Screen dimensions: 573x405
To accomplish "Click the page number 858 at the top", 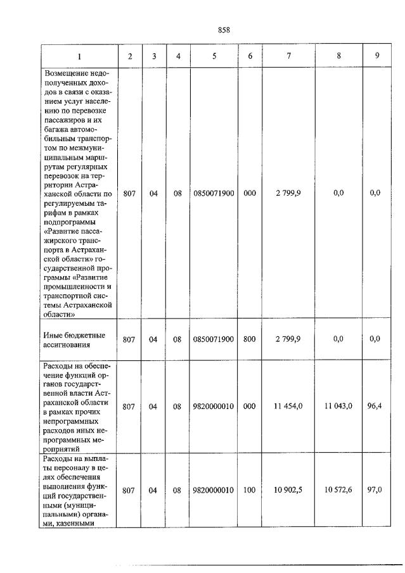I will pyautogui.click(x=223, y=30).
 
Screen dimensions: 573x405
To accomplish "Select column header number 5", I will pyautogui.click(x=214, y=56).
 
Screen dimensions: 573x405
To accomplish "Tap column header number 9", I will pyautogui.click(x=376, y=56).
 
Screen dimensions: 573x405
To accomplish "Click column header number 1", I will pyautogui.click(x=79, y=56).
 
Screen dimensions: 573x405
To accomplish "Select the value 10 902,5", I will pyautogui.click(x=287, y=491).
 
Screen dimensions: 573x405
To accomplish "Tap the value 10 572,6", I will pyautogui.click(x=338, y=491).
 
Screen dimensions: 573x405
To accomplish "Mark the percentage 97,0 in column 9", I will pyautogui.click(x=375, y=491).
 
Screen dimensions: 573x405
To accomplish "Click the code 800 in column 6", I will pyautogui.click(x=250, y=339).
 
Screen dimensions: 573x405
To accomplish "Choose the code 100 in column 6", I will pyautogui.click(x=250, y=491).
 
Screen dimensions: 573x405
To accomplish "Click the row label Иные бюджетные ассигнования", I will pyautogui.click(x=74, y=340).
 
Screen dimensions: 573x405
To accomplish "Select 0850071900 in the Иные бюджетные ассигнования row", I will pyautogui.click(x=214, y=339).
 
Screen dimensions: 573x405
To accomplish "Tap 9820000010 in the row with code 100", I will pyautogui.click(x=214, y=491).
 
